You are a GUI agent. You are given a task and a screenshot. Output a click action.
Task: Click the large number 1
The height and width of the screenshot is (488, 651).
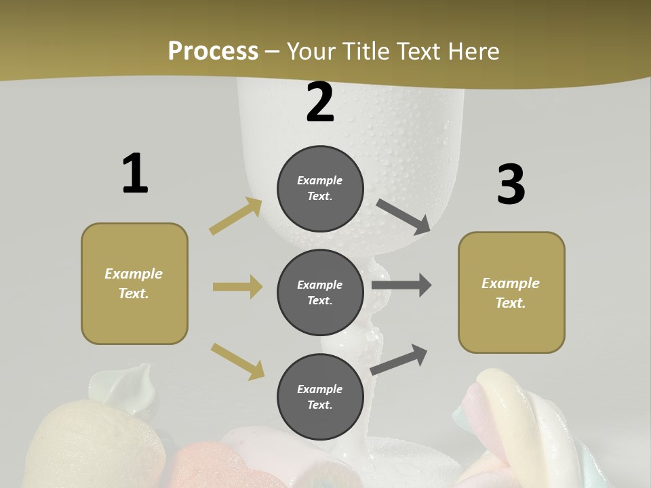(135, 174)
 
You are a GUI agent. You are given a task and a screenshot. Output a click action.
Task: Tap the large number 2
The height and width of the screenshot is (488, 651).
(320, 102)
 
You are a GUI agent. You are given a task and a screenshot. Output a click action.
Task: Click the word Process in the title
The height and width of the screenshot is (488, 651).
(213, 51)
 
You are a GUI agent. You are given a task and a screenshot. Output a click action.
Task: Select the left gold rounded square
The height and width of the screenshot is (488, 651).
(134, 283)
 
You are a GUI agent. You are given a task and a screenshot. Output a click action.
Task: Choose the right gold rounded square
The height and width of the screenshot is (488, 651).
(511, 293)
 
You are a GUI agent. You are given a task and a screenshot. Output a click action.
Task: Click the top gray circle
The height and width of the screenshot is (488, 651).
(320, 188)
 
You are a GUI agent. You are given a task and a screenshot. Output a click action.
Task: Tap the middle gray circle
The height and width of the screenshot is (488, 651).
(320, 292)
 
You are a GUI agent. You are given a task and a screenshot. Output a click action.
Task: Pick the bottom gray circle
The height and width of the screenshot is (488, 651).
(320, 396)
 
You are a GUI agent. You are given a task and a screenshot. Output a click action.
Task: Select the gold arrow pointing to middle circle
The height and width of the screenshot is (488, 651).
(237, 287)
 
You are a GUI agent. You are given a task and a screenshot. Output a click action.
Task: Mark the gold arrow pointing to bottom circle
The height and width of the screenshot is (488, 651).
(237, 361)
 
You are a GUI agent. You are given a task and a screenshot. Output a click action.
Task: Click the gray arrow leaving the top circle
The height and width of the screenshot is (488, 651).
(403, 216)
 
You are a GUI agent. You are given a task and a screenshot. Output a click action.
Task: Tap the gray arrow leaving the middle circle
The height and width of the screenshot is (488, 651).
(401, 285)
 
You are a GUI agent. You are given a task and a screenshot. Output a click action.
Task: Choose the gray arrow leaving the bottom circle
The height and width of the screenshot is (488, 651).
(399, 359)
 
